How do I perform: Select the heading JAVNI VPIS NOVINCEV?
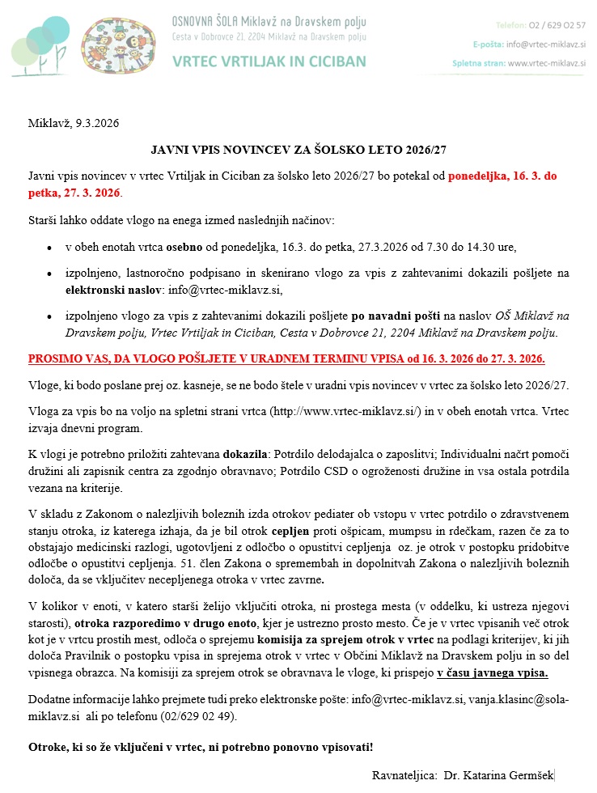click(298, 151)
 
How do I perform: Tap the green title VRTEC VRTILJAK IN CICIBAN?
click(269, 61)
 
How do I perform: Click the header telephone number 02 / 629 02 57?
click(563, 24)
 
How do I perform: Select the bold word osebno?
click(186, 247)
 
